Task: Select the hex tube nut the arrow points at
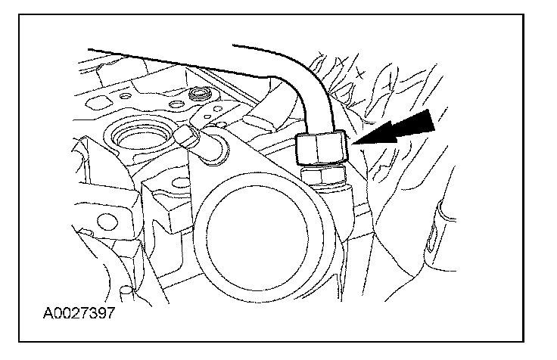(x=320, y=147)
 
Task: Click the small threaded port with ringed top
(x=201, y=95)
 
